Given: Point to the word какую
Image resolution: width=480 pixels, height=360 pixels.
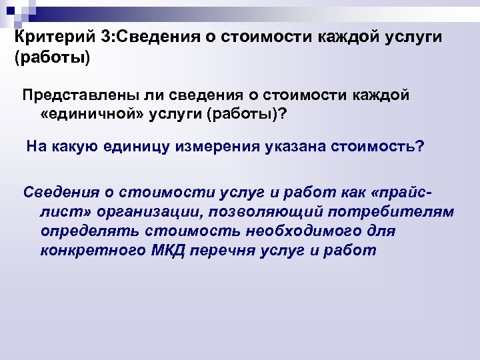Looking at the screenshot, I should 73,146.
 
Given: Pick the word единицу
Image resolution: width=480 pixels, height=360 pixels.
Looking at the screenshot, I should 136,146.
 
